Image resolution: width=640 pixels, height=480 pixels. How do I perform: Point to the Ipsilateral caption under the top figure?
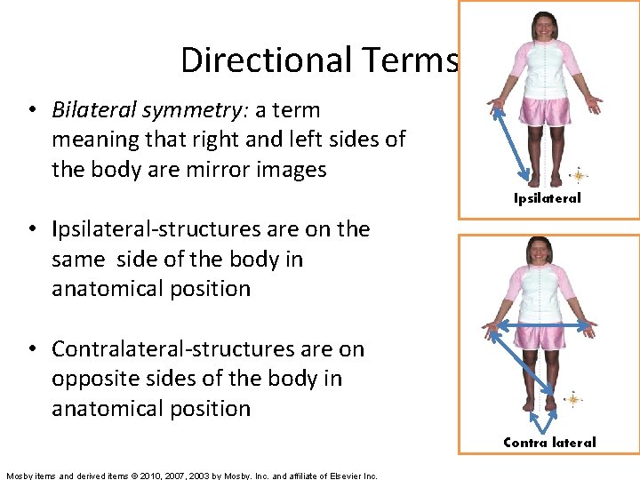pyautogui.click(x=547, y=198)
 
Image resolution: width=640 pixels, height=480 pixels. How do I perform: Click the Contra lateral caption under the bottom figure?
pyautogui.click(x=549, y=442)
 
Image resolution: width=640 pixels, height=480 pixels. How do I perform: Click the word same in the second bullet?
pyautogui.click(x=76, y=259)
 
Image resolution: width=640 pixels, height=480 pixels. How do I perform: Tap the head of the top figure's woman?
pyautogui.click(x=545, y=26)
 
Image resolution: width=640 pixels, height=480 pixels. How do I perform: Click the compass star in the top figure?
pyautogui.click(x=578, y=174)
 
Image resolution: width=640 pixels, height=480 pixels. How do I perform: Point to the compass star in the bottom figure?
pyautogui.click(x=573, y=399)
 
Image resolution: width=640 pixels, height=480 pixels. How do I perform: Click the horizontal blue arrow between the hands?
pyautogui.click(x=539, y=326)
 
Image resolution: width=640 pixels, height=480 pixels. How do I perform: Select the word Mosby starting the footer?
pyautogui.click(x=21, y=476)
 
